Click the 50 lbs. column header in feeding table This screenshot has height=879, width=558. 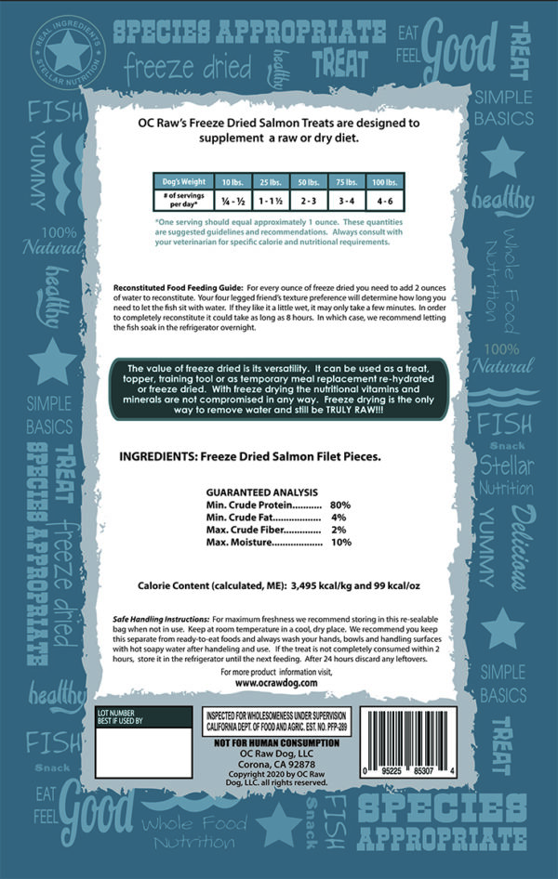pos(303,182)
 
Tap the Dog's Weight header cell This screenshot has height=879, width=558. pos(185,182)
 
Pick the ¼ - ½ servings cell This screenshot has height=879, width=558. pos(228,198)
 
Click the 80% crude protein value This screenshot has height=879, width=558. pos(339,505)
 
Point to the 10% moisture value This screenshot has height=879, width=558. pos(340,542)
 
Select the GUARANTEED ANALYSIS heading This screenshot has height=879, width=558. pos(261,492)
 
